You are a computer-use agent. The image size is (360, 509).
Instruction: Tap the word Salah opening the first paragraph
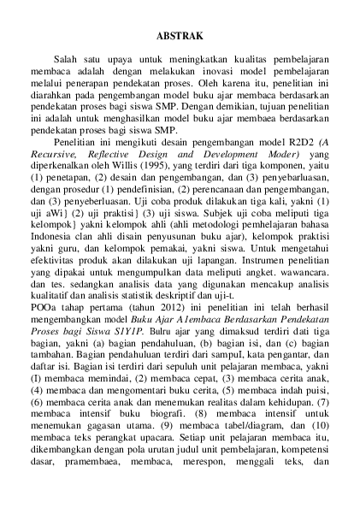pyautogui.click(x=68, y=59)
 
